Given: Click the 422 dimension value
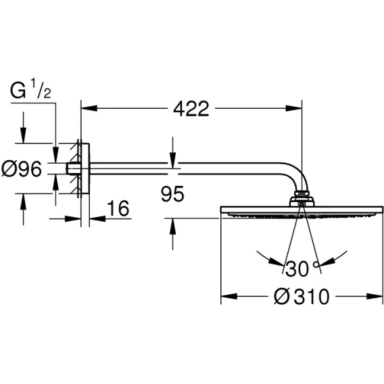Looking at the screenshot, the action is coord(191,109).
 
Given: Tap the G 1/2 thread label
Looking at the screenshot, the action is coord(30,90).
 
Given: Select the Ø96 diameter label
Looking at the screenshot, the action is coord(22,169).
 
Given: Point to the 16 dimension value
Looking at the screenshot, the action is coord(118,208).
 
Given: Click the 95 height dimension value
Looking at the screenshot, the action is coord(172,194).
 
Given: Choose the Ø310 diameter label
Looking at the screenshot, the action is coord(302,297).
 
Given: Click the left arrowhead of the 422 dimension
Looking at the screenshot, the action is coord(89,108).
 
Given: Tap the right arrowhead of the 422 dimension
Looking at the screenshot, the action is coord(294,108).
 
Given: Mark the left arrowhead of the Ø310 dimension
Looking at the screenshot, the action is coord(229,296).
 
